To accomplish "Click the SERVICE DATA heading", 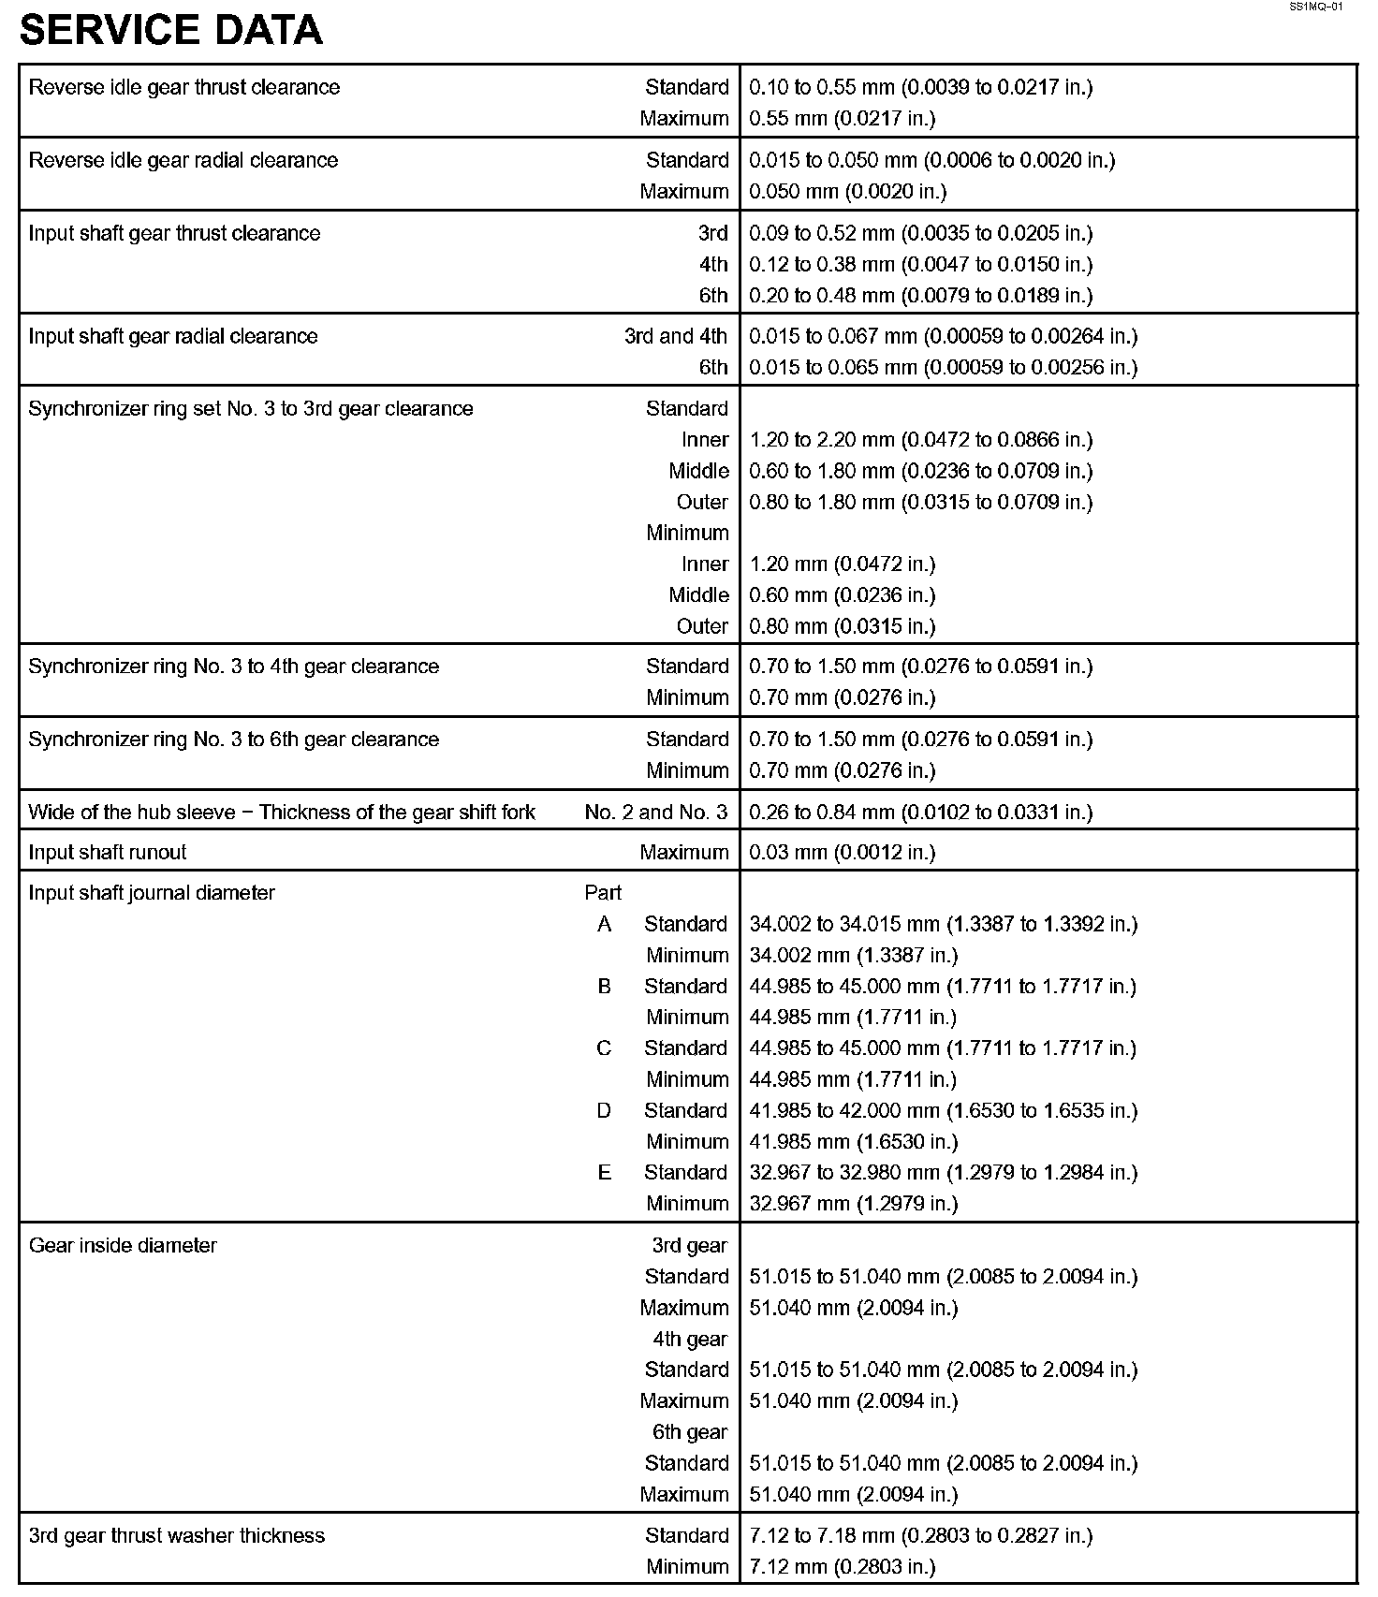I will tap(171, 30).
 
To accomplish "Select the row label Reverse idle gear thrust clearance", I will tap(184, 87).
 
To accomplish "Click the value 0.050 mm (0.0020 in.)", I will tap(847, 191).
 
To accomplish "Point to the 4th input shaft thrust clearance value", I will tap(920, 264).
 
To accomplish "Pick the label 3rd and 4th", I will tap(675, 336).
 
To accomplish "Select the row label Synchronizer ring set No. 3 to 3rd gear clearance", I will tap(251, 408).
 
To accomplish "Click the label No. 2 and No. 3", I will tap(655, 812).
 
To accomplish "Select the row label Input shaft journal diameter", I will tap(152, 892).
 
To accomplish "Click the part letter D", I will tap(604, 1110).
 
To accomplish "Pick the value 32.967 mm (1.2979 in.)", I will tap(854, 1203).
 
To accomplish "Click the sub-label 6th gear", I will tap(689, 1431).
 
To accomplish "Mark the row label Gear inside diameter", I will tap(123, 1245).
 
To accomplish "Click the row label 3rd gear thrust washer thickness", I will tap(177, 1535).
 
